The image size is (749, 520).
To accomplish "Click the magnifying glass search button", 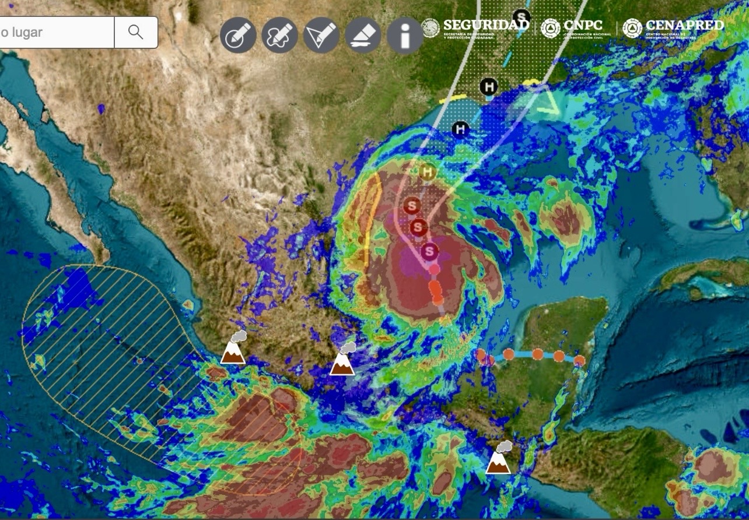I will click(x=135, y=32).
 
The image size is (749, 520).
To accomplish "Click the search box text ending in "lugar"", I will click(x=23, y=33).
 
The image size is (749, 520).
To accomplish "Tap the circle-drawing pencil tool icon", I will click(x=238, y=36).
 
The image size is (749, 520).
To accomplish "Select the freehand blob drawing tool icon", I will click(x=279, y=36).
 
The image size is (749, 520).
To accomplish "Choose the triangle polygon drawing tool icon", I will click(x=321, y=36).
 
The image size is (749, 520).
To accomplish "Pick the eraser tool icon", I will click(x=363, y=36).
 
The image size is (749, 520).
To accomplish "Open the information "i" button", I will click(x=404, y=36).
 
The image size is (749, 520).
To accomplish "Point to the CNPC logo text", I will click(x=583, y=26).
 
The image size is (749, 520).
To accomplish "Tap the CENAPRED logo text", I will click(x=684, y=26).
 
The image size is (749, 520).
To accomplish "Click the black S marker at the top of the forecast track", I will click(x=521, y=16).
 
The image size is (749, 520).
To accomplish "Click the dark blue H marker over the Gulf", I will click(x=461, y=129).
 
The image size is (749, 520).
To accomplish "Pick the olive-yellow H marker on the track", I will click(x=428, y=172).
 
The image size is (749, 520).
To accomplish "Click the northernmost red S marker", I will click(x=412, y=205).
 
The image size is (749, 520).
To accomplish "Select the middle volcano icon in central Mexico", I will click(x=342, y=360).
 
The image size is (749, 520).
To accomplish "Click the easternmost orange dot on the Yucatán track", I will click(x=579, y=361).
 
